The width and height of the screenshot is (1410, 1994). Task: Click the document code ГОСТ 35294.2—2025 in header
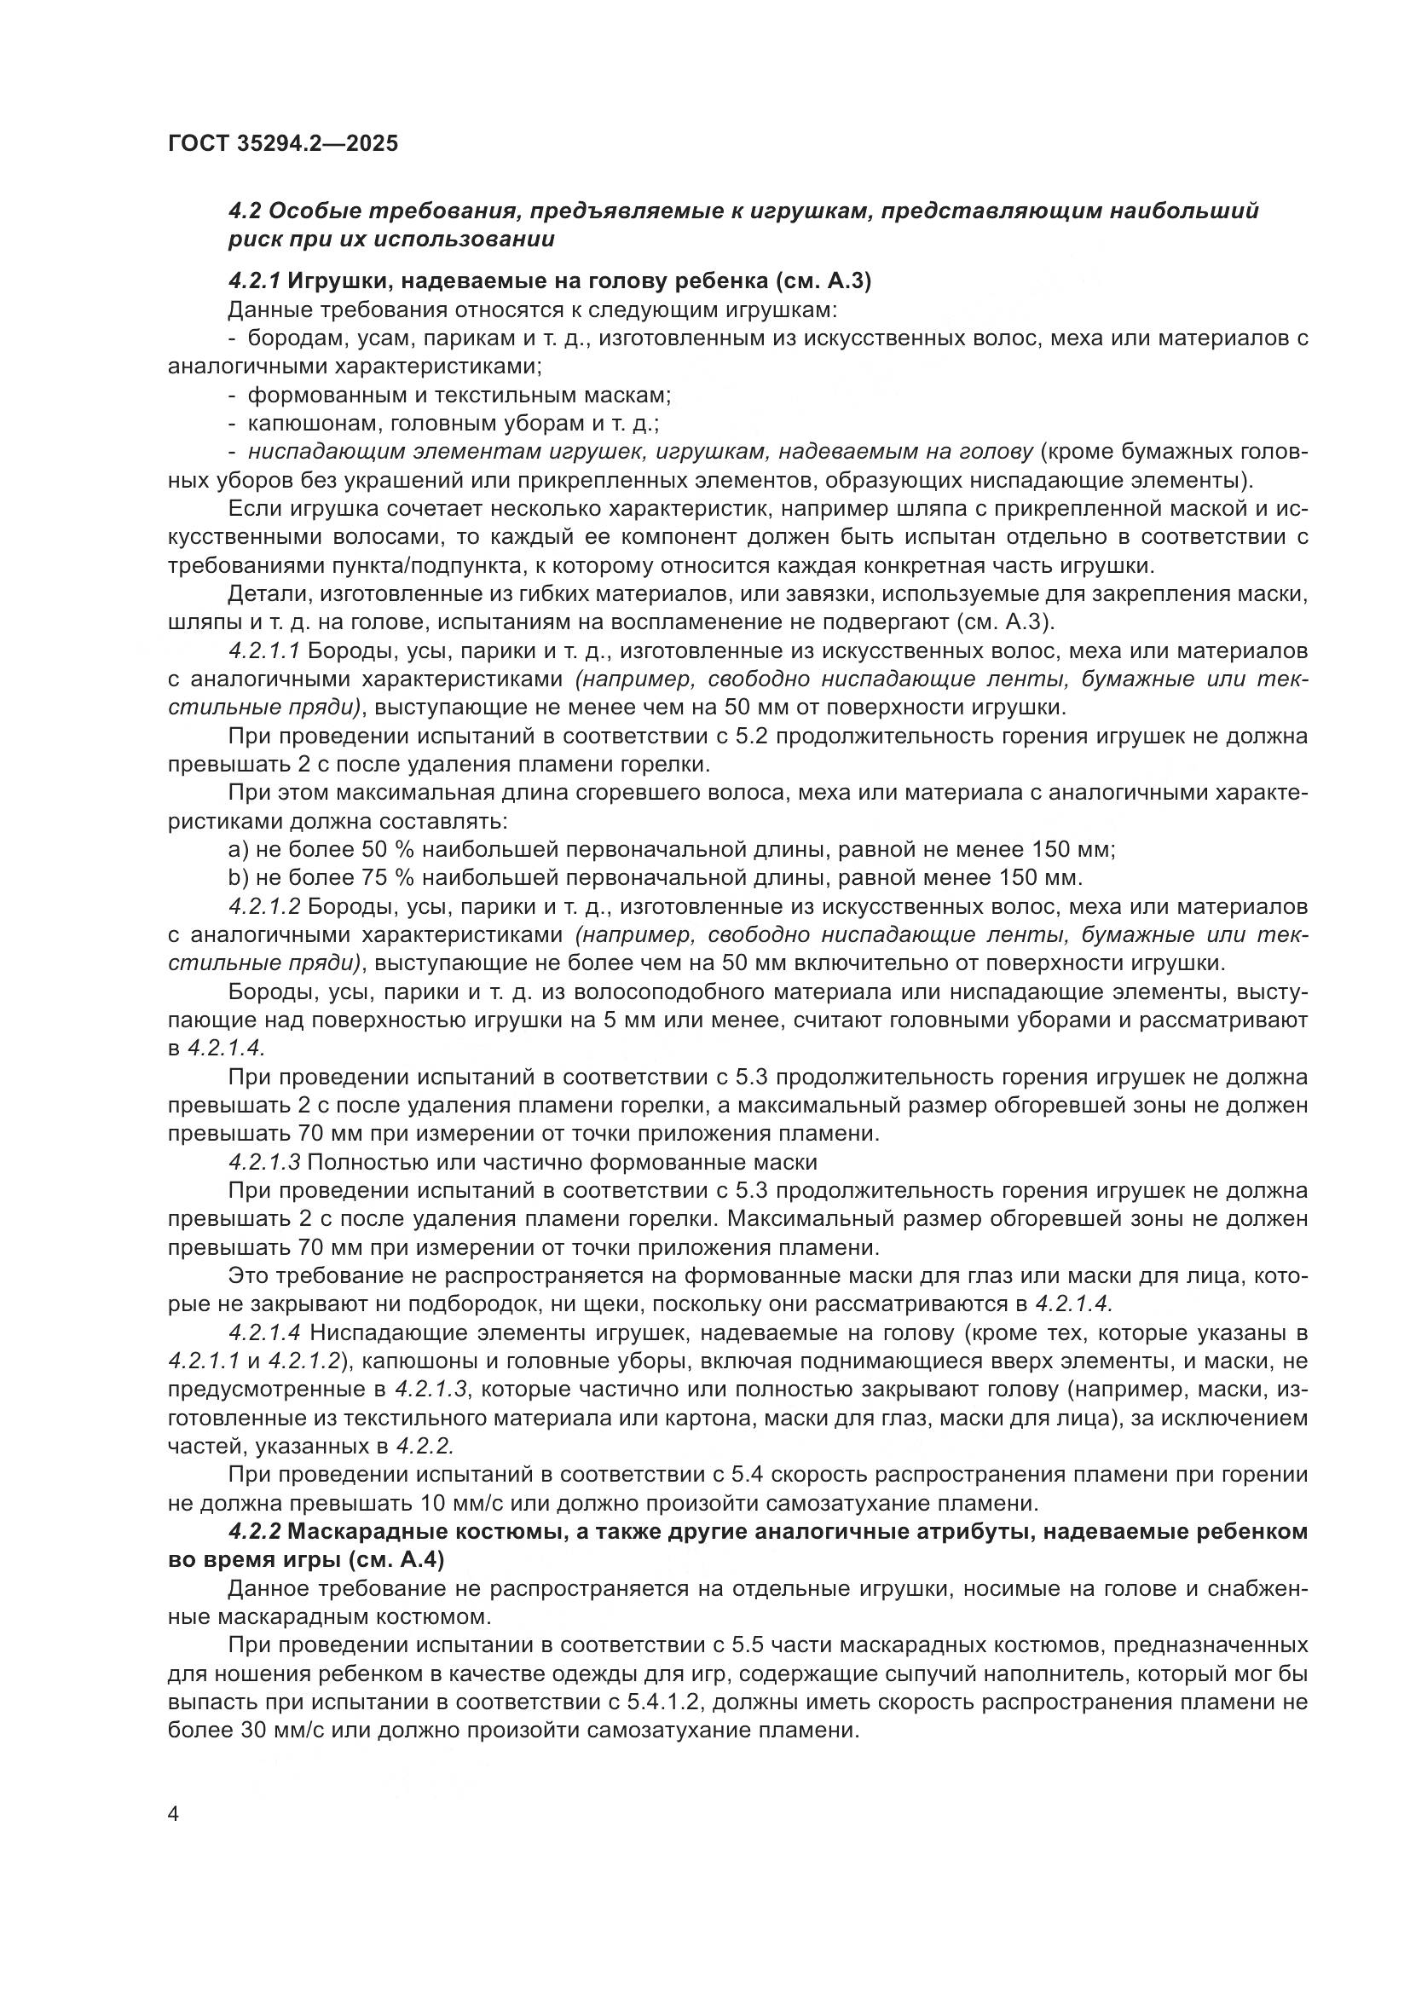pyautogui.click(x=283, y=143)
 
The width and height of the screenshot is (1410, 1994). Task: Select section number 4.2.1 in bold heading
pyautogui.click(x=254, y=281)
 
